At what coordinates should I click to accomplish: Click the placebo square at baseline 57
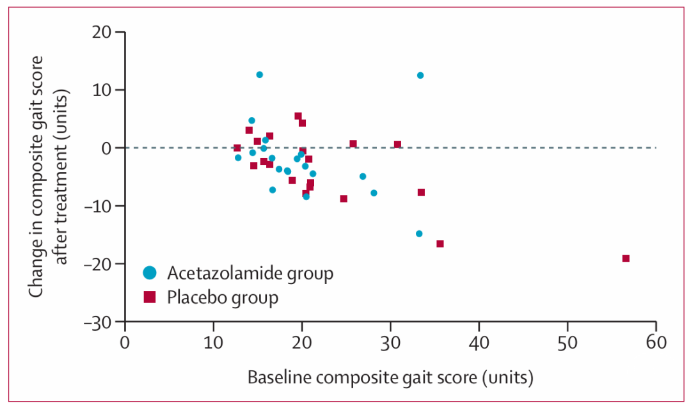coord(626,258)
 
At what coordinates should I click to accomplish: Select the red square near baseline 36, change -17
coord(440,244)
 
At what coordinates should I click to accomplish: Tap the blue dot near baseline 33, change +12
coord(420,75)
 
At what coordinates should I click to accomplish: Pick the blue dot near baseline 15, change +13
coord(260,75)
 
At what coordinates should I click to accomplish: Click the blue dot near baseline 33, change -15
coord(419,234)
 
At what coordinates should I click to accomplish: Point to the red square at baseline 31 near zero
coord(397,145)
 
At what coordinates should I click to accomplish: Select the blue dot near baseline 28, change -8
coord(374,193)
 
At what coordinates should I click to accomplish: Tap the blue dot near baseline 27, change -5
coord(363,177)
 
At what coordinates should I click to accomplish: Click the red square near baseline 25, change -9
coord(344,199)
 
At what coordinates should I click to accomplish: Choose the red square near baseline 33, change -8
coord(421,193)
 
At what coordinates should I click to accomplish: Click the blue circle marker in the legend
coord(150,273)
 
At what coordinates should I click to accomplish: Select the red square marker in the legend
coord(150,297)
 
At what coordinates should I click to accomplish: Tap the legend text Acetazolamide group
coord(250,274)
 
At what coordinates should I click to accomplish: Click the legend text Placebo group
coord(223,297)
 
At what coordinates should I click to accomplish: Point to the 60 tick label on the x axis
coord(656,343)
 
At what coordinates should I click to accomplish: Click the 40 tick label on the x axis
coord(479,343)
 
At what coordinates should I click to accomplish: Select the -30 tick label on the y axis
coord(98,322)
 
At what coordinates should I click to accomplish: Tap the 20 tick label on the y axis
coord(102,32)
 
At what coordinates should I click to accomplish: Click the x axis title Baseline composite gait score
coord(362,378)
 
